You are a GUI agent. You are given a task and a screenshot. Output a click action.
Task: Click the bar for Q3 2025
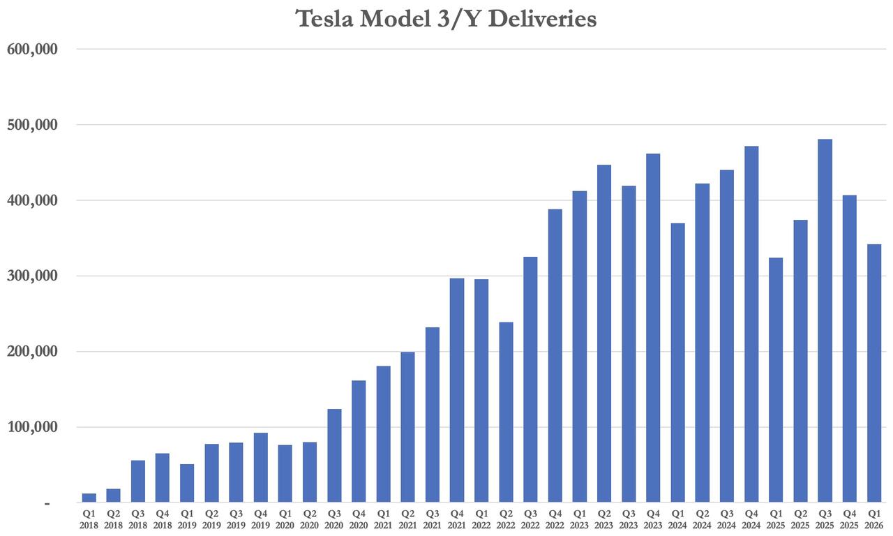(x=825, y=321)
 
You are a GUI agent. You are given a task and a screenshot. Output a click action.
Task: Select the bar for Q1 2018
(x=89, y=498)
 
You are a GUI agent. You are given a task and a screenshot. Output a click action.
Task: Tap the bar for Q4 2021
(x=457, y=390)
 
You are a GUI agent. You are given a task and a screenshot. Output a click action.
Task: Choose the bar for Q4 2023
(x=653, y=328)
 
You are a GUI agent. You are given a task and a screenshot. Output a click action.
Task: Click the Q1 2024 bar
(x=677, y=363)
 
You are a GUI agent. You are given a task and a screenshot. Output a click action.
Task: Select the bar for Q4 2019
(x=261, y=468)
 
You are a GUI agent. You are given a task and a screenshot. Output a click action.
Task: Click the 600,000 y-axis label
(x=31, y=50)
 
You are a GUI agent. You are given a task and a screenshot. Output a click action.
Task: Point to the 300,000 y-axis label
(x=31, y=276)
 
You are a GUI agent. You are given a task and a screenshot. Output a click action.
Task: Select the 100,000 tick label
(x=31, y=427)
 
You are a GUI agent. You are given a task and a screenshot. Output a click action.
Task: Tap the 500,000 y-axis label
(x=31, y=125)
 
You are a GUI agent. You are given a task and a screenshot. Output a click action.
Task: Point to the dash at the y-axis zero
(x=47, y=503)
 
